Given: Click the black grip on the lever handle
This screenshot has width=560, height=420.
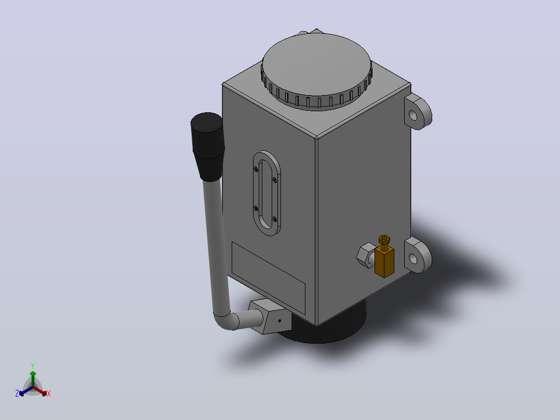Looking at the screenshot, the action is [208, 146].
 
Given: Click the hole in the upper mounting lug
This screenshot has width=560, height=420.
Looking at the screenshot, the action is [413, 115].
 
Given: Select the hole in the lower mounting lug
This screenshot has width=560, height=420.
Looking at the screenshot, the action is [413, 258].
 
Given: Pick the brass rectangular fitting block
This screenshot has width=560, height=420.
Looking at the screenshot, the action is [384, 261].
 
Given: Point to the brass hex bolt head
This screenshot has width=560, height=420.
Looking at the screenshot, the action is [384, 239].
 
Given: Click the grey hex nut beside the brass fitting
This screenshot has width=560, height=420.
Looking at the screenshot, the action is [365, 255].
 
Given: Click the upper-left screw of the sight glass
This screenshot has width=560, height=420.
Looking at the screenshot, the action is [256, 169].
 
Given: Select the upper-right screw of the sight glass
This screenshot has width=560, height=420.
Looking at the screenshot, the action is [274, 180].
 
